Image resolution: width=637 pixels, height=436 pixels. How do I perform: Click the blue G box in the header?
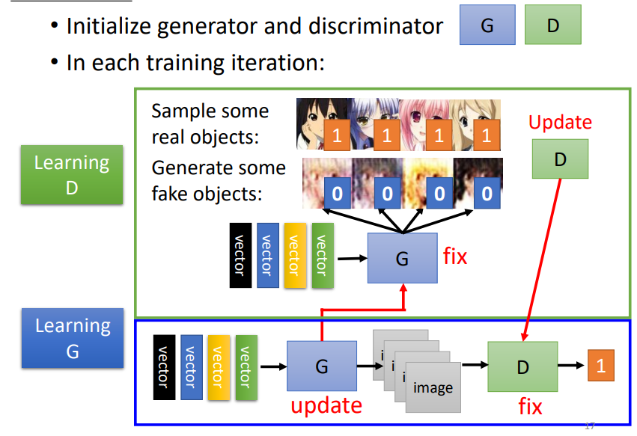coord(487,25)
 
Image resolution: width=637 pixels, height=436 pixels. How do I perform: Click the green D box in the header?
coord(553,25)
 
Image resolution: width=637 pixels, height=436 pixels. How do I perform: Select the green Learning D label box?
coord(72,174)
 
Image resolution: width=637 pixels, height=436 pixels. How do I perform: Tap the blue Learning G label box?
coord(73,338)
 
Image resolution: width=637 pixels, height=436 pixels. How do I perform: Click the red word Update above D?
coord(560,123)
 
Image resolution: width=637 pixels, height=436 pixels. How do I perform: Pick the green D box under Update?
coord(561,159)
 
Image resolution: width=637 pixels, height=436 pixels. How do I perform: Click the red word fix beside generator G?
coord(455,257)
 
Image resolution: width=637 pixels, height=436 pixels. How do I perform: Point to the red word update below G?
coord(326,405)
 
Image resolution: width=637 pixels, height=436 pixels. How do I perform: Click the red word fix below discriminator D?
coord(530,406)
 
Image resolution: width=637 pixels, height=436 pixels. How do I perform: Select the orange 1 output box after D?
coord(600,366)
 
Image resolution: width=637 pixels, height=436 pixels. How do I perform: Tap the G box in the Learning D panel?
coord(402,258)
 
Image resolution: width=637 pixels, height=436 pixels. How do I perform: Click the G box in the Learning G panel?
coord(322,366)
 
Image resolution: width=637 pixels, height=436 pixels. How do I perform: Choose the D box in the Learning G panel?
coord(522,366)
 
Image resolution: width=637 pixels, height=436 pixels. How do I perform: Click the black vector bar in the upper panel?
coord(240,255)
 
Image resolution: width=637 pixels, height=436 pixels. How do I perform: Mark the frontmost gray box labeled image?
coord(433,387)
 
